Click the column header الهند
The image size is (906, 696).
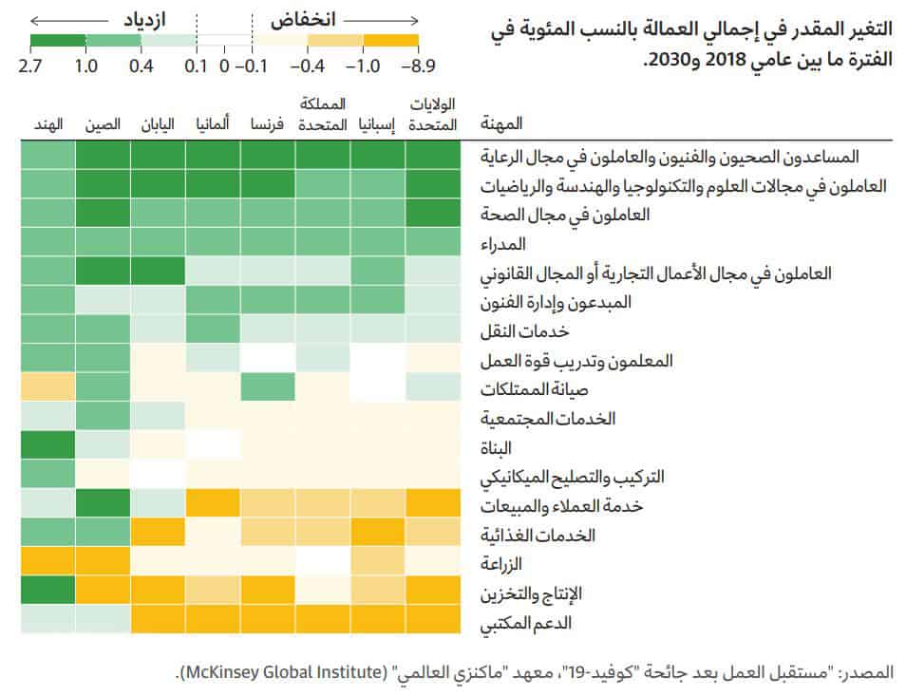click(x=47, y=125)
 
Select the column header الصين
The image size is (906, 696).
click(x=102, y=125)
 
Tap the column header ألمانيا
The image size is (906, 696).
click(x=213, y=125)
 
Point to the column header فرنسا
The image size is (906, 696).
click(x=268, y=125)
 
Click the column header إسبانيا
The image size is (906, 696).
click(x=378, y=125)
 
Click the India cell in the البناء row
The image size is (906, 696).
click(x=47, y=446)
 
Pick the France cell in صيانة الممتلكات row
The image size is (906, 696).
click(x=268, y=388)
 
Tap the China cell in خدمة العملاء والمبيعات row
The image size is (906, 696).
click(x=103, y=505)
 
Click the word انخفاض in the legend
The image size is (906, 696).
click(x=306, y=19)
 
